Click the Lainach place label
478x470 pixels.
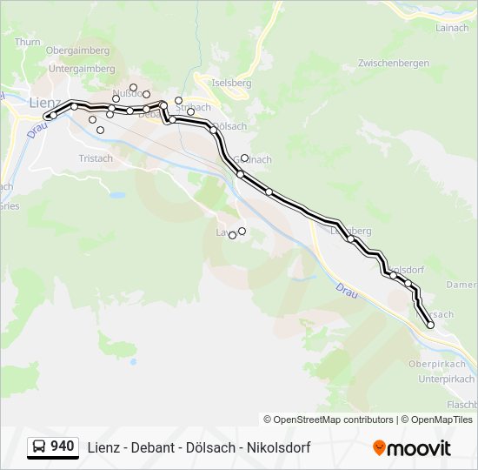click(x=450, y=28)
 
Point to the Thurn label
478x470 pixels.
click(x=28, y=41)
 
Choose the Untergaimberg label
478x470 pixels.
click(x=82, y=69)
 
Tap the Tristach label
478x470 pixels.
click(x=96, y=158)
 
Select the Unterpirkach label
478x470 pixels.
click(x=446, y=379)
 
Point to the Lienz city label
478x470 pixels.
click(x=44, y=102)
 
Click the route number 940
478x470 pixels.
click(x=62, y=446)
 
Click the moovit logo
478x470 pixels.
click(x=412, y=448)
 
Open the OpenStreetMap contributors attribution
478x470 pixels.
click(x=333, y=420)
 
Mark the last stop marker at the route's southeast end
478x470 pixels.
click(x=430, y=325)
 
